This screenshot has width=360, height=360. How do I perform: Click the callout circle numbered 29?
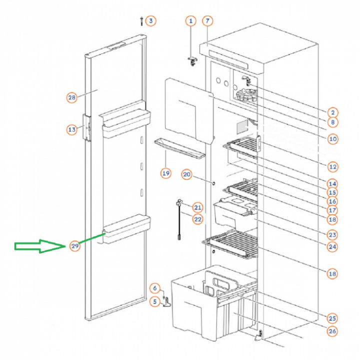coord(75,246)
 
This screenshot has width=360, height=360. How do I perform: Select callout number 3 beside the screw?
coord(151,21)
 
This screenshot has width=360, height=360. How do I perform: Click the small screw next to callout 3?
coord(141,21)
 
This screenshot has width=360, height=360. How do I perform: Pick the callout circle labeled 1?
coord(190,21)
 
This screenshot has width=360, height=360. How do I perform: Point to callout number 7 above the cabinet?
coord(207,21)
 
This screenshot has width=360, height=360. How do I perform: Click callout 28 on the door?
coord(72,97)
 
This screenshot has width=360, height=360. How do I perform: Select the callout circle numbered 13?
coord(72,129)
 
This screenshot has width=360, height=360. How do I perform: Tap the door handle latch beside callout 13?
coord(86,128)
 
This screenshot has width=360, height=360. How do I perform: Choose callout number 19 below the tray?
coord(166,173)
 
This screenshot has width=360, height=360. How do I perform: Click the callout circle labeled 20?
coord(186,174)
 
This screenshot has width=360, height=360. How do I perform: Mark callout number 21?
coord(197,207)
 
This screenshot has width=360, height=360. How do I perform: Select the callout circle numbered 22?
coord(197,219)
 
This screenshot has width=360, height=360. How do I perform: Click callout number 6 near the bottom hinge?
coord(155,288)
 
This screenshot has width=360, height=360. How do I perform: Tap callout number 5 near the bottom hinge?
coord(155,301)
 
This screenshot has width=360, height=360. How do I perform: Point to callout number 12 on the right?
coord(332,167)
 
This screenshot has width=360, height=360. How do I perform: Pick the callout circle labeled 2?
coord(332,112)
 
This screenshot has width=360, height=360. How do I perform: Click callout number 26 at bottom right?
coord(332,331)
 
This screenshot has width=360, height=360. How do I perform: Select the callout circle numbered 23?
coord(332,235)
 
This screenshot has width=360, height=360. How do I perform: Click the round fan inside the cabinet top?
coord(245,95)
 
